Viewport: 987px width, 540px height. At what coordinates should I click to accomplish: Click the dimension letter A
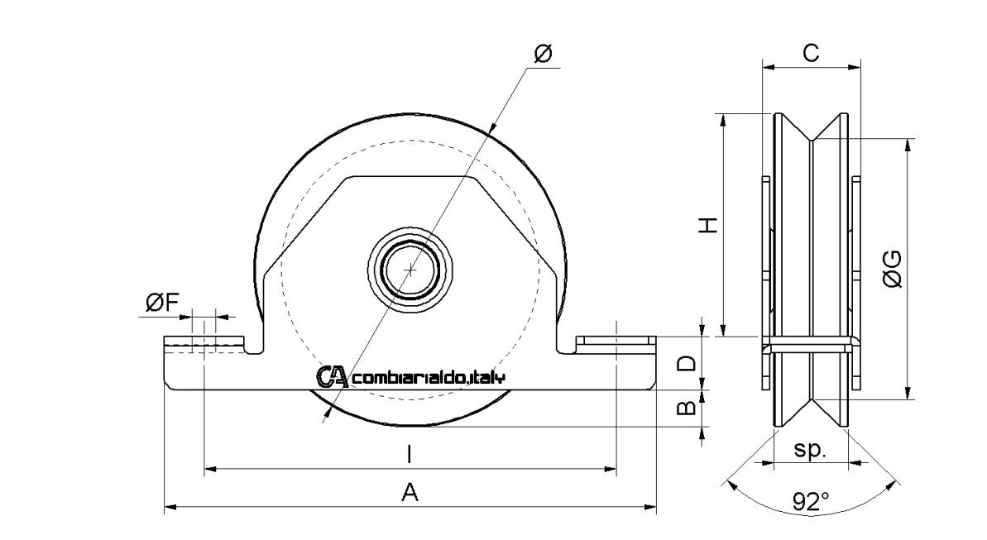(x=410, y=493)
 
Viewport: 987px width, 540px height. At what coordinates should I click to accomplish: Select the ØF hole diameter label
(x=162, y=303)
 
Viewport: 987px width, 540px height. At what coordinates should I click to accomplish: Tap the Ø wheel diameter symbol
(x=544, y=54)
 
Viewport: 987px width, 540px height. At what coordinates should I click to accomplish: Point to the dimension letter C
(x=811, y=53)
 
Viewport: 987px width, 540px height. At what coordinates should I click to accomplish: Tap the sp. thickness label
(x=811, y=450)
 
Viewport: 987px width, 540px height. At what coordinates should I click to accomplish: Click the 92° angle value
(x=811, y=501)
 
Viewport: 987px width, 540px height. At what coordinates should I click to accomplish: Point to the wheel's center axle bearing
(x=410, y=269)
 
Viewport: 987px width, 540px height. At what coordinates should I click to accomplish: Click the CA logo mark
(x=333, y=377)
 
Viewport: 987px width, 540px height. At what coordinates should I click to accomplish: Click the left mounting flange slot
(x=204, y=342)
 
